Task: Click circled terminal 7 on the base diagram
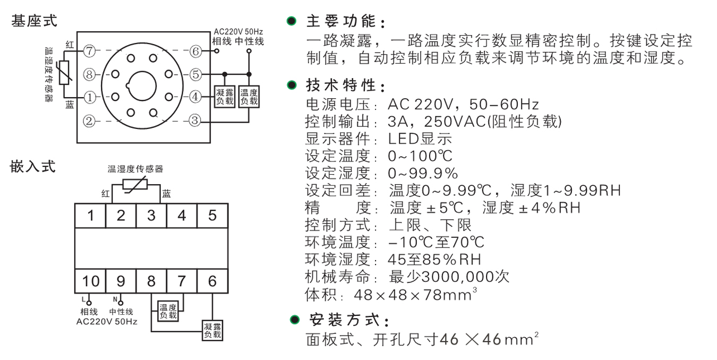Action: click(90, 51)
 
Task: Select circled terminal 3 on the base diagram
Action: click(194, 121)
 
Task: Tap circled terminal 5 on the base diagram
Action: click(195, 74)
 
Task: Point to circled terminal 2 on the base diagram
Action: click(89, 121)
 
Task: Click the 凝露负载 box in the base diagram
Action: click(225, 97)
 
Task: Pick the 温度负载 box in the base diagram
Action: click(249, 97)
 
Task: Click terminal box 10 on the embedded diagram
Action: click(90, 281)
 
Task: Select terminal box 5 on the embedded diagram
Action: click(212, 216)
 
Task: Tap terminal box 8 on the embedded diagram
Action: click(151, 281)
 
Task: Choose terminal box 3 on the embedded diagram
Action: click(151, 216)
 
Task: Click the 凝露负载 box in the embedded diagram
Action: click(212, 331)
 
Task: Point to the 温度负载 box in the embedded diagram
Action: click(168, 311)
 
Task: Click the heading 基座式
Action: click(34, 21)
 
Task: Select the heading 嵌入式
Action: click(32, 166)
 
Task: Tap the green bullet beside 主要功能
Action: click(291, 21)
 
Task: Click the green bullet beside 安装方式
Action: click(294, 319)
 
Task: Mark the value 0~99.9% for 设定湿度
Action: click(423, 174)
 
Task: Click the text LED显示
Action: click(420, 139)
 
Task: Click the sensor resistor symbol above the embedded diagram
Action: click(135, 185)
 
